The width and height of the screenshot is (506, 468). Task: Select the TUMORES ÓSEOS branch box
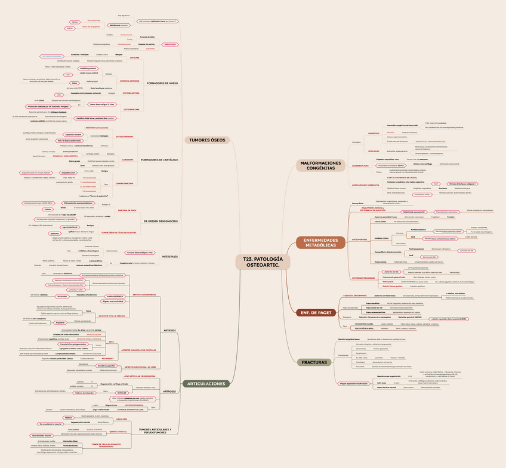tap(207, 140)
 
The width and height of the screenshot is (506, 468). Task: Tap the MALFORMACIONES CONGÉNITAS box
tap(321, 165)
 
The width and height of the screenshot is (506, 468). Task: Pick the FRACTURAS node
tap(313, 362)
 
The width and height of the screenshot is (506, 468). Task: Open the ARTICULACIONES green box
tap(205, 383)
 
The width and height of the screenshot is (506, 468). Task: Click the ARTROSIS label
tap(170, 392)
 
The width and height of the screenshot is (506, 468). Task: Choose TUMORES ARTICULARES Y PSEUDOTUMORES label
tap(157, 431)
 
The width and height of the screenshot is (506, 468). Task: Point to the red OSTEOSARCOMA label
tap(132, 110)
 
